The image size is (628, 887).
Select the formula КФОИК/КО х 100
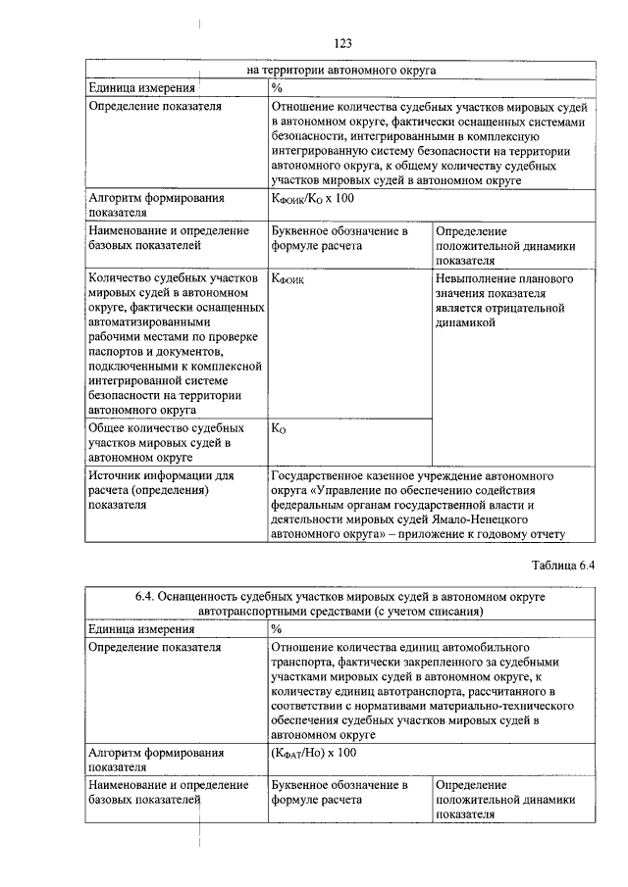tap(312, 199)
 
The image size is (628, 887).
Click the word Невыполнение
tap(478, 278)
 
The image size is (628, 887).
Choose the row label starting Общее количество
tap(166, 428)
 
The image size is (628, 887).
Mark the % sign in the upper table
tap(277, 87)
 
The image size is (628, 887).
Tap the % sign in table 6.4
tap(277, 628)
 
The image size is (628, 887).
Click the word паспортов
tap(121, 351)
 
